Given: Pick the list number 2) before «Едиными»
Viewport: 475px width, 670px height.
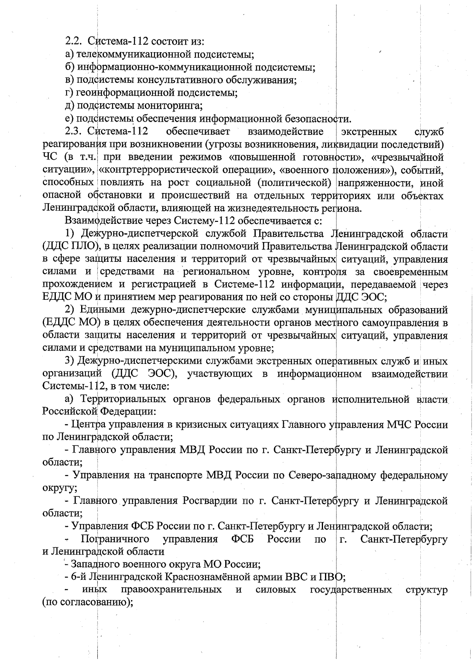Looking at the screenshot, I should pyautogui.click(x=70, y=310).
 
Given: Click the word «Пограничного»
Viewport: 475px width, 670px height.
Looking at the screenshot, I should pyautogui.click(x=115, y=539).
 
